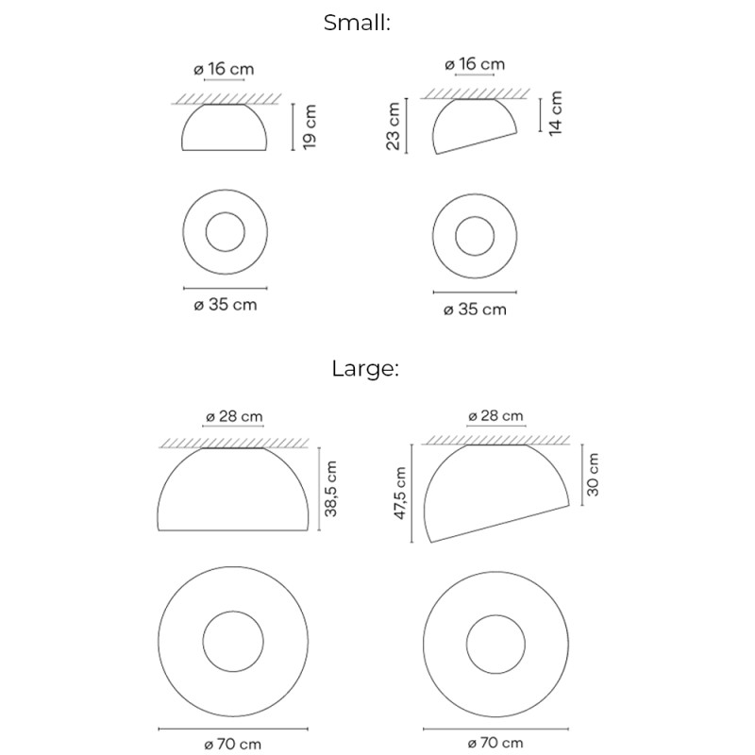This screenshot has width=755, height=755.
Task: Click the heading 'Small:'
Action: click(x=357, y=23)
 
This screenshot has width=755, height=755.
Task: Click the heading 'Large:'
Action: click(x=365, y=369)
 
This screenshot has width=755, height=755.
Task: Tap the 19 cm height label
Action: click(x=310, y=126)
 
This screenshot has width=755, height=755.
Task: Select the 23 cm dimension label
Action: click(x=394, y=126)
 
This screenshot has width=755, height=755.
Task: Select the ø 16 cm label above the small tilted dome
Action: click(x=474, y=64)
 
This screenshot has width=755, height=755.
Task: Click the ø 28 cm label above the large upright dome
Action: click(x=233, y=416)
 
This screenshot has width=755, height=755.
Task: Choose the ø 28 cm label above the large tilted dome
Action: click(x=495, y=416)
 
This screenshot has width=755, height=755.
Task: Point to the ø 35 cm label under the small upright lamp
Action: click(x=225, y=305)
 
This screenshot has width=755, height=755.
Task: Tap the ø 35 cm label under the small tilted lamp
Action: click(x=475, y=310)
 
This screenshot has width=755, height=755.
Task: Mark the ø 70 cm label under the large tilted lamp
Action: click(x=495, y=745)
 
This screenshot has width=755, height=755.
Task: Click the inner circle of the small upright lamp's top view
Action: click(x=225, y=232)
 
